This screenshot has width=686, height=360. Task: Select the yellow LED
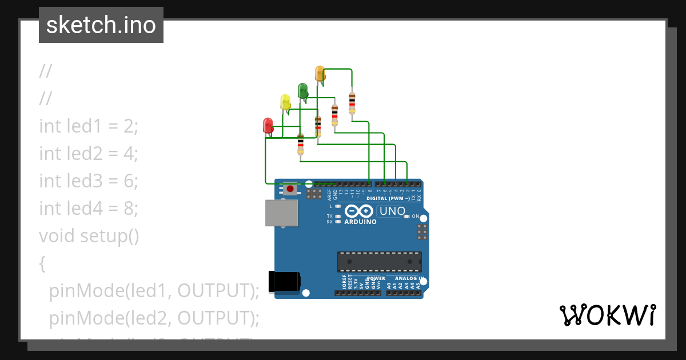click(285, 102)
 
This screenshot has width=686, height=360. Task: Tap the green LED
click(302, 90)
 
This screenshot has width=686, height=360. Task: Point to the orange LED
click(320, 73)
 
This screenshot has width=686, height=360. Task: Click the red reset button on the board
click(290, 189)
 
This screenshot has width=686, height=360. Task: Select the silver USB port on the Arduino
click(281, 214)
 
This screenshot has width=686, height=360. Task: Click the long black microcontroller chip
click(379, 261)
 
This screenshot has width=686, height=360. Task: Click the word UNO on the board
click(392, 211)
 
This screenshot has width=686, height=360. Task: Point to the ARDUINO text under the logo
click(360, 222)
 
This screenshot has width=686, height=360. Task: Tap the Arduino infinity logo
click(360, 211)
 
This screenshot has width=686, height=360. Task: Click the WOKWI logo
click(607, 315)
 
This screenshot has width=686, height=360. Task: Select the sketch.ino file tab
click(101, 25)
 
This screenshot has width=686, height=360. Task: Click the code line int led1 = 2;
click(89, 126)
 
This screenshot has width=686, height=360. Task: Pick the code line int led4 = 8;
click(89, 208)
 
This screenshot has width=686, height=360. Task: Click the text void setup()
click(89, 235)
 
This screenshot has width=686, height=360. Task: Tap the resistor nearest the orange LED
click(352, 103)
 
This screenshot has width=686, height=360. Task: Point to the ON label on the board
click(416, 217)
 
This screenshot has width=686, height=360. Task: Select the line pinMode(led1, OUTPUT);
click(154, 290)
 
